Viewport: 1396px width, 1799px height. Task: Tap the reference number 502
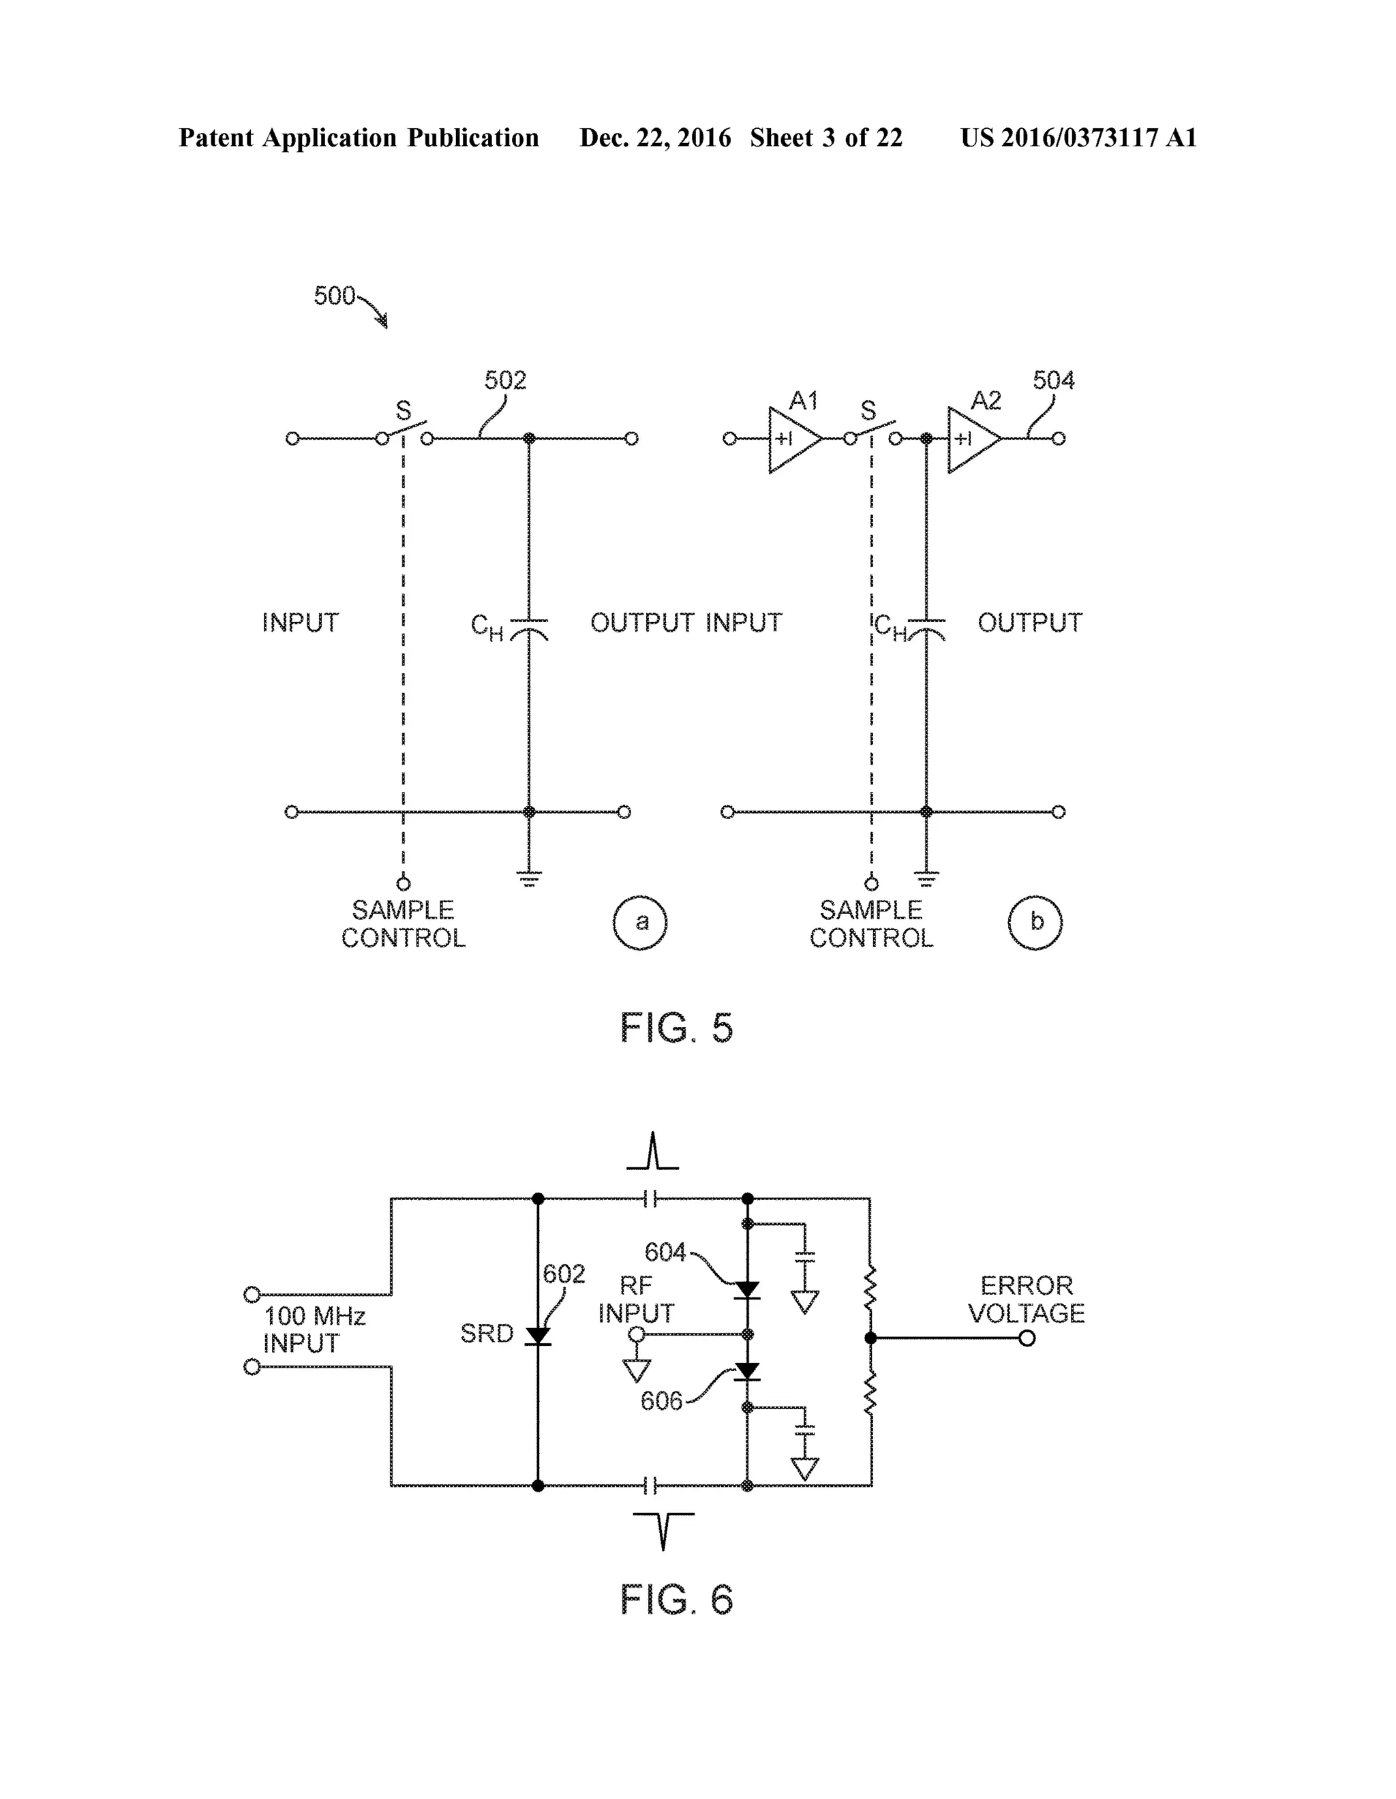pyautogui.click(x=504, y=380)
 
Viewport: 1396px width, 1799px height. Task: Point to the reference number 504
pyautogui.click(x=1052, y=380)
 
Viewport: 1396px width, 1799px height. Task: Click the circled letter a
pyautogui.click(x=640, y=923)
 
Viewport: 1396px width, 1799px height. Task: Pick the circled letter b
pyautogui.click(x=1035, y=923)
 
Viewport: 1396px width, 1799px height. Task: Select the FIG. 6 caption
pyautogui.click(x=676, y=1599)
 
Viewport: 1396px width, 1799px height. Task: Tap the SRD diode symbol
pyautogui.click(x=538, y=1336)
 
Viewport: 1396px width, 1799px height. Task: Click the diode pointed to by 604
pyautogui.click(x=748, y=1290)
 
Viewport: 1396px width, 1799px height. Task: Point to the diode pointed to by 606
pyautogui.click(x=748, y=1372)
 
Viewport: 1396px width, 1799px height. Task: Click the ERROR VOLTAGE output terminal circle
pyautogui.click(x=1027, y=1338)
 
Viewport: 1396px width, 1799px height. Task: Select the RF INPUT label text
pyautogui.click(x=635, y=1299)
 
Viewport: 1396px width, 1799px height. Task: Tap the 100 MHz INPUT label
pyautogui.click(x=313, y=1329)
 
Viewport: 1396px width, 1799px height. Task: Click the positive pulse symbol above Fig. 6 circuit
pyautogui.click(x=653, y=1152)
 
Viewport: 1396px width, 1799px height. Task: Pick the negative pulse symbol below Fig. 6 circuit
pyautogui.click(x=663, y=1531)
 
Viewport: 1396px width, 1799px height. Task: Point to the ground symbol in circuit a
pyautogui.click(x=529, y=878)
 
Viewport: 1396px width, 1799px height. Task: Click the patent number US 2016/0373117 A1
pyautogui.click(x=1078, y=138)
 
